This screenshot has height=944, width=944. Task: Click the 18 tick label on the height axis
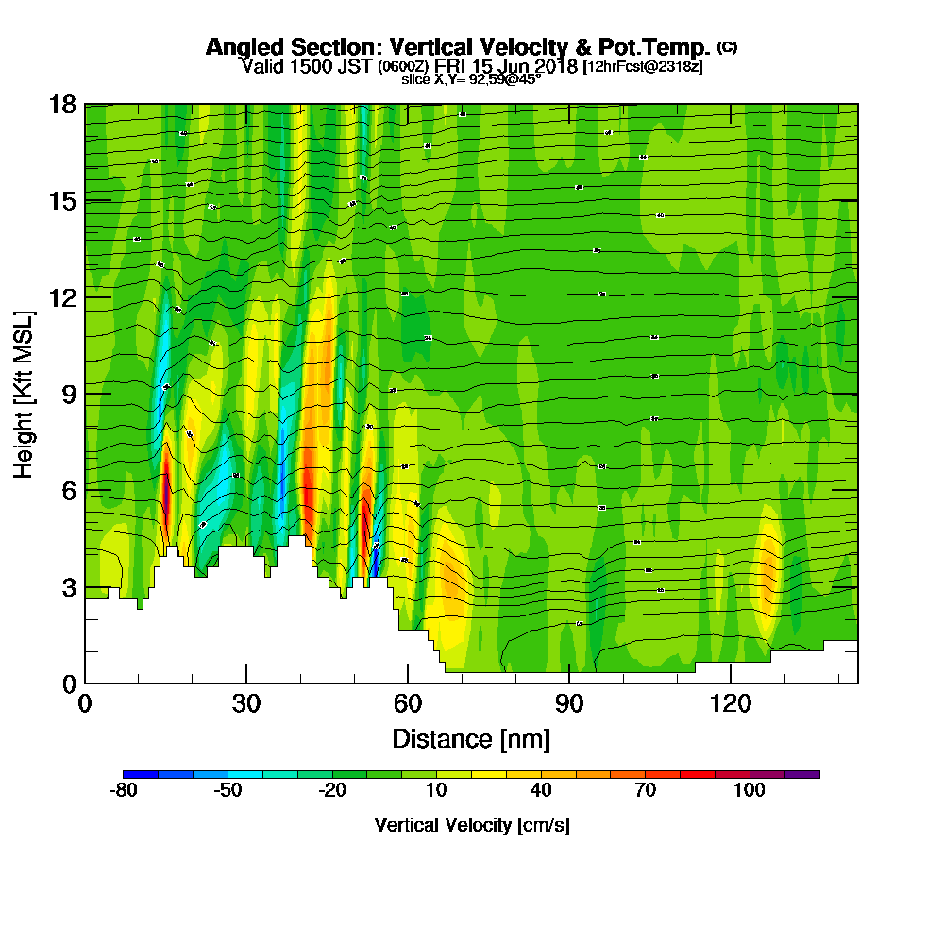pyautogui.click(x=62, y=104)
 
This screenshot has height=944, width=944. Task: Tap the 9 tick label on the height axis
pyautogui.click(x=68, y=394)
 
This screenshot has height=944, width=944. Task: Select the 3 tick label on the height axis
pyautogui.click(x=68, y=587)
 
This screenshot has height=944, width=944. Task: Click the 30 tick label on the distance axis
pyautogui.click(x=246, y=703)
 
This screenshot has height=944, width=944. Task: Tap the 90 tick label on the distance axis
pyautogui.click(x=570, y=703)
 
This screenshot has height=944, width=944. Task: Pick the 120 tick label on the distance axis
pyautogui.click(x=732, y=703)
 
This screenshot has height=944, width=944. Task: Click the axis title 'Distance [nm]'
pyautogui.click(x=471, y=737)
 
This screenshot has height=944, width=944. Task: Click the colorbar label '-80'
pyautogui.click(x=125, y=790)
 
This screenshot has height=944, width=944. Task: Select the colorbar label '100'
pyautogui.click(x=750, y=790)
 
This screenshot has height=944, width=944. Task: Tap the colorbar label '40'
pyautogui.click(x=540, y=790)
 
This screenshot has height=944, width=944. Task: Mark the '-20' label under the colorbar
pyautogui.click(x=332, y=790)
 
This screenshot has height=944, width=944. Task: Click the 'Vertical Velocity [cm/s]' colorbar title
pyautogui.click(x=472, y=825)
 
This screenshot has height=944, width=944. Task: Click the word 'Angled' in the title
pyautogui.click(x=242, y=47)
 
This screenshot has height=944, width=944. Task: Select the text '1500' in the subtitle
pyautogui.click(x=305, y=66)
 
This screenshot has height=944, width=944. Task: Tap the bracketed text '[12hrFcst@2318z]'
pyautogui.click(x=644, y=67)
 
